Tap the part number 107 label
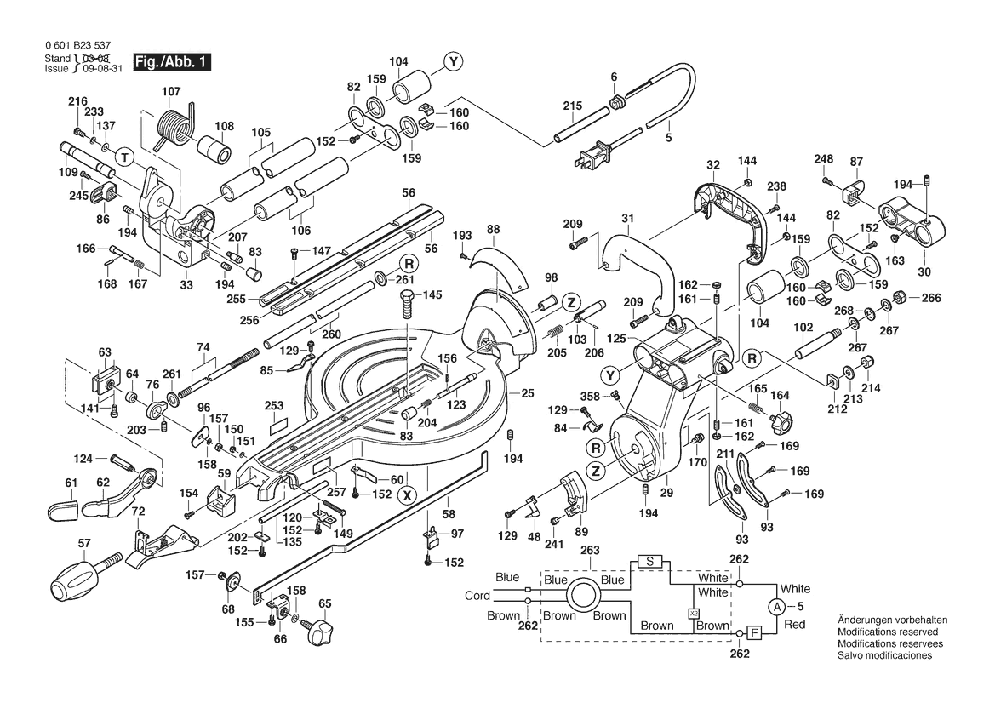[171, 91]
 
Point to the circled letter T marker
[124, 158]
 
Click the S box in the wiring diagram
[649, 562]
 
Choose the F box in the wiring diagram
[753, 632]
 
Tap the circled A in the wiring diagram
[775, 607]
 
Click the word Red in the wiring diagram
[794, 625]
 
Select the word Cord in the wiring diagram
[477, 596]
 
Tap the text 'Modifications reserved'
[888, 632]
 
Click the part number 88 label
[494, 229]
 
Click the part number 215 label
[572, 106]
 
